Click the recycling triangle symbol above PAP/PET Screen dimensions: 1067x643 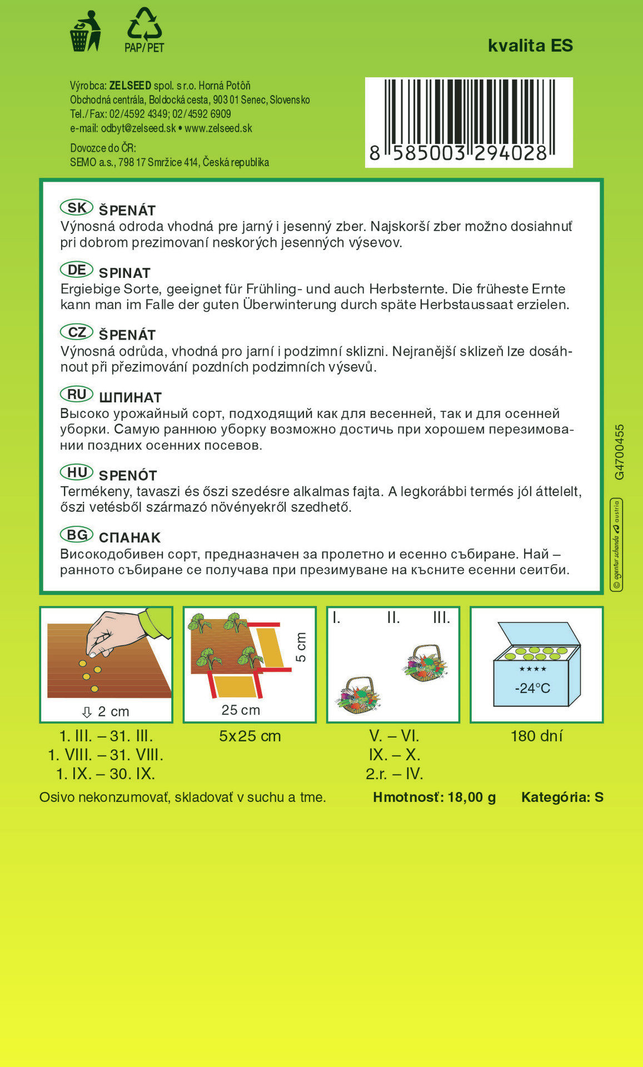point(144,24)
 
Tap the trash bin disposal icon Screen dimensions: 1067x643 point(84,32)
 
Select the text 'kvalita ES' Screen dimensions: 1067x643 point(530,46)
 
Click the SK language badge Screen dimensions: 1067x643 point(77,208)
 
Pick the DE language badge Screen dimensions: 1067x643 point(77,270)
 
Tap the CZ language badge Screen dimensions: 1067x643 point(77,332)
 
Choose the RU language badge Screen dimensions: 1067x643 point(77,395)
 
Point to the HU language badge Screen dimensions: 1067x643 point(77,473)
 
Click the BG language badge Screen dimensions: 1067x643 point(77,535)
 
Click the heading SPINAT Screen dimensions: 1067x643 point(124,273)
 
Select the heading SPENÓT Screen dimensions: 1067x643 point(128,476)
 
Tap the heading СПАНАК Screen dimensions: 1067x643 point(129,538)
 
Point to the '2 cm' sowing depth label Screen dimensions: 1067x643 point(113,711)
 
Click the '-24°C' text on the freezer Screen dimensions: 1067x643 point(532,688)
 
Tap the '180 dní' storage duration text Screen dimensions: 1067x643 point(536,736)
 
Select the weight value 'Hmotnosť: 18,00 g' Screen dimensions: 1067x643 point(434,797)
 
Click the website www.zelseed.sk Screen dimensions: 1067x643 point(218,128)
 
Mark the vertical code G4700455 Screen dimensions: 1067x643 point(620,452)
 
